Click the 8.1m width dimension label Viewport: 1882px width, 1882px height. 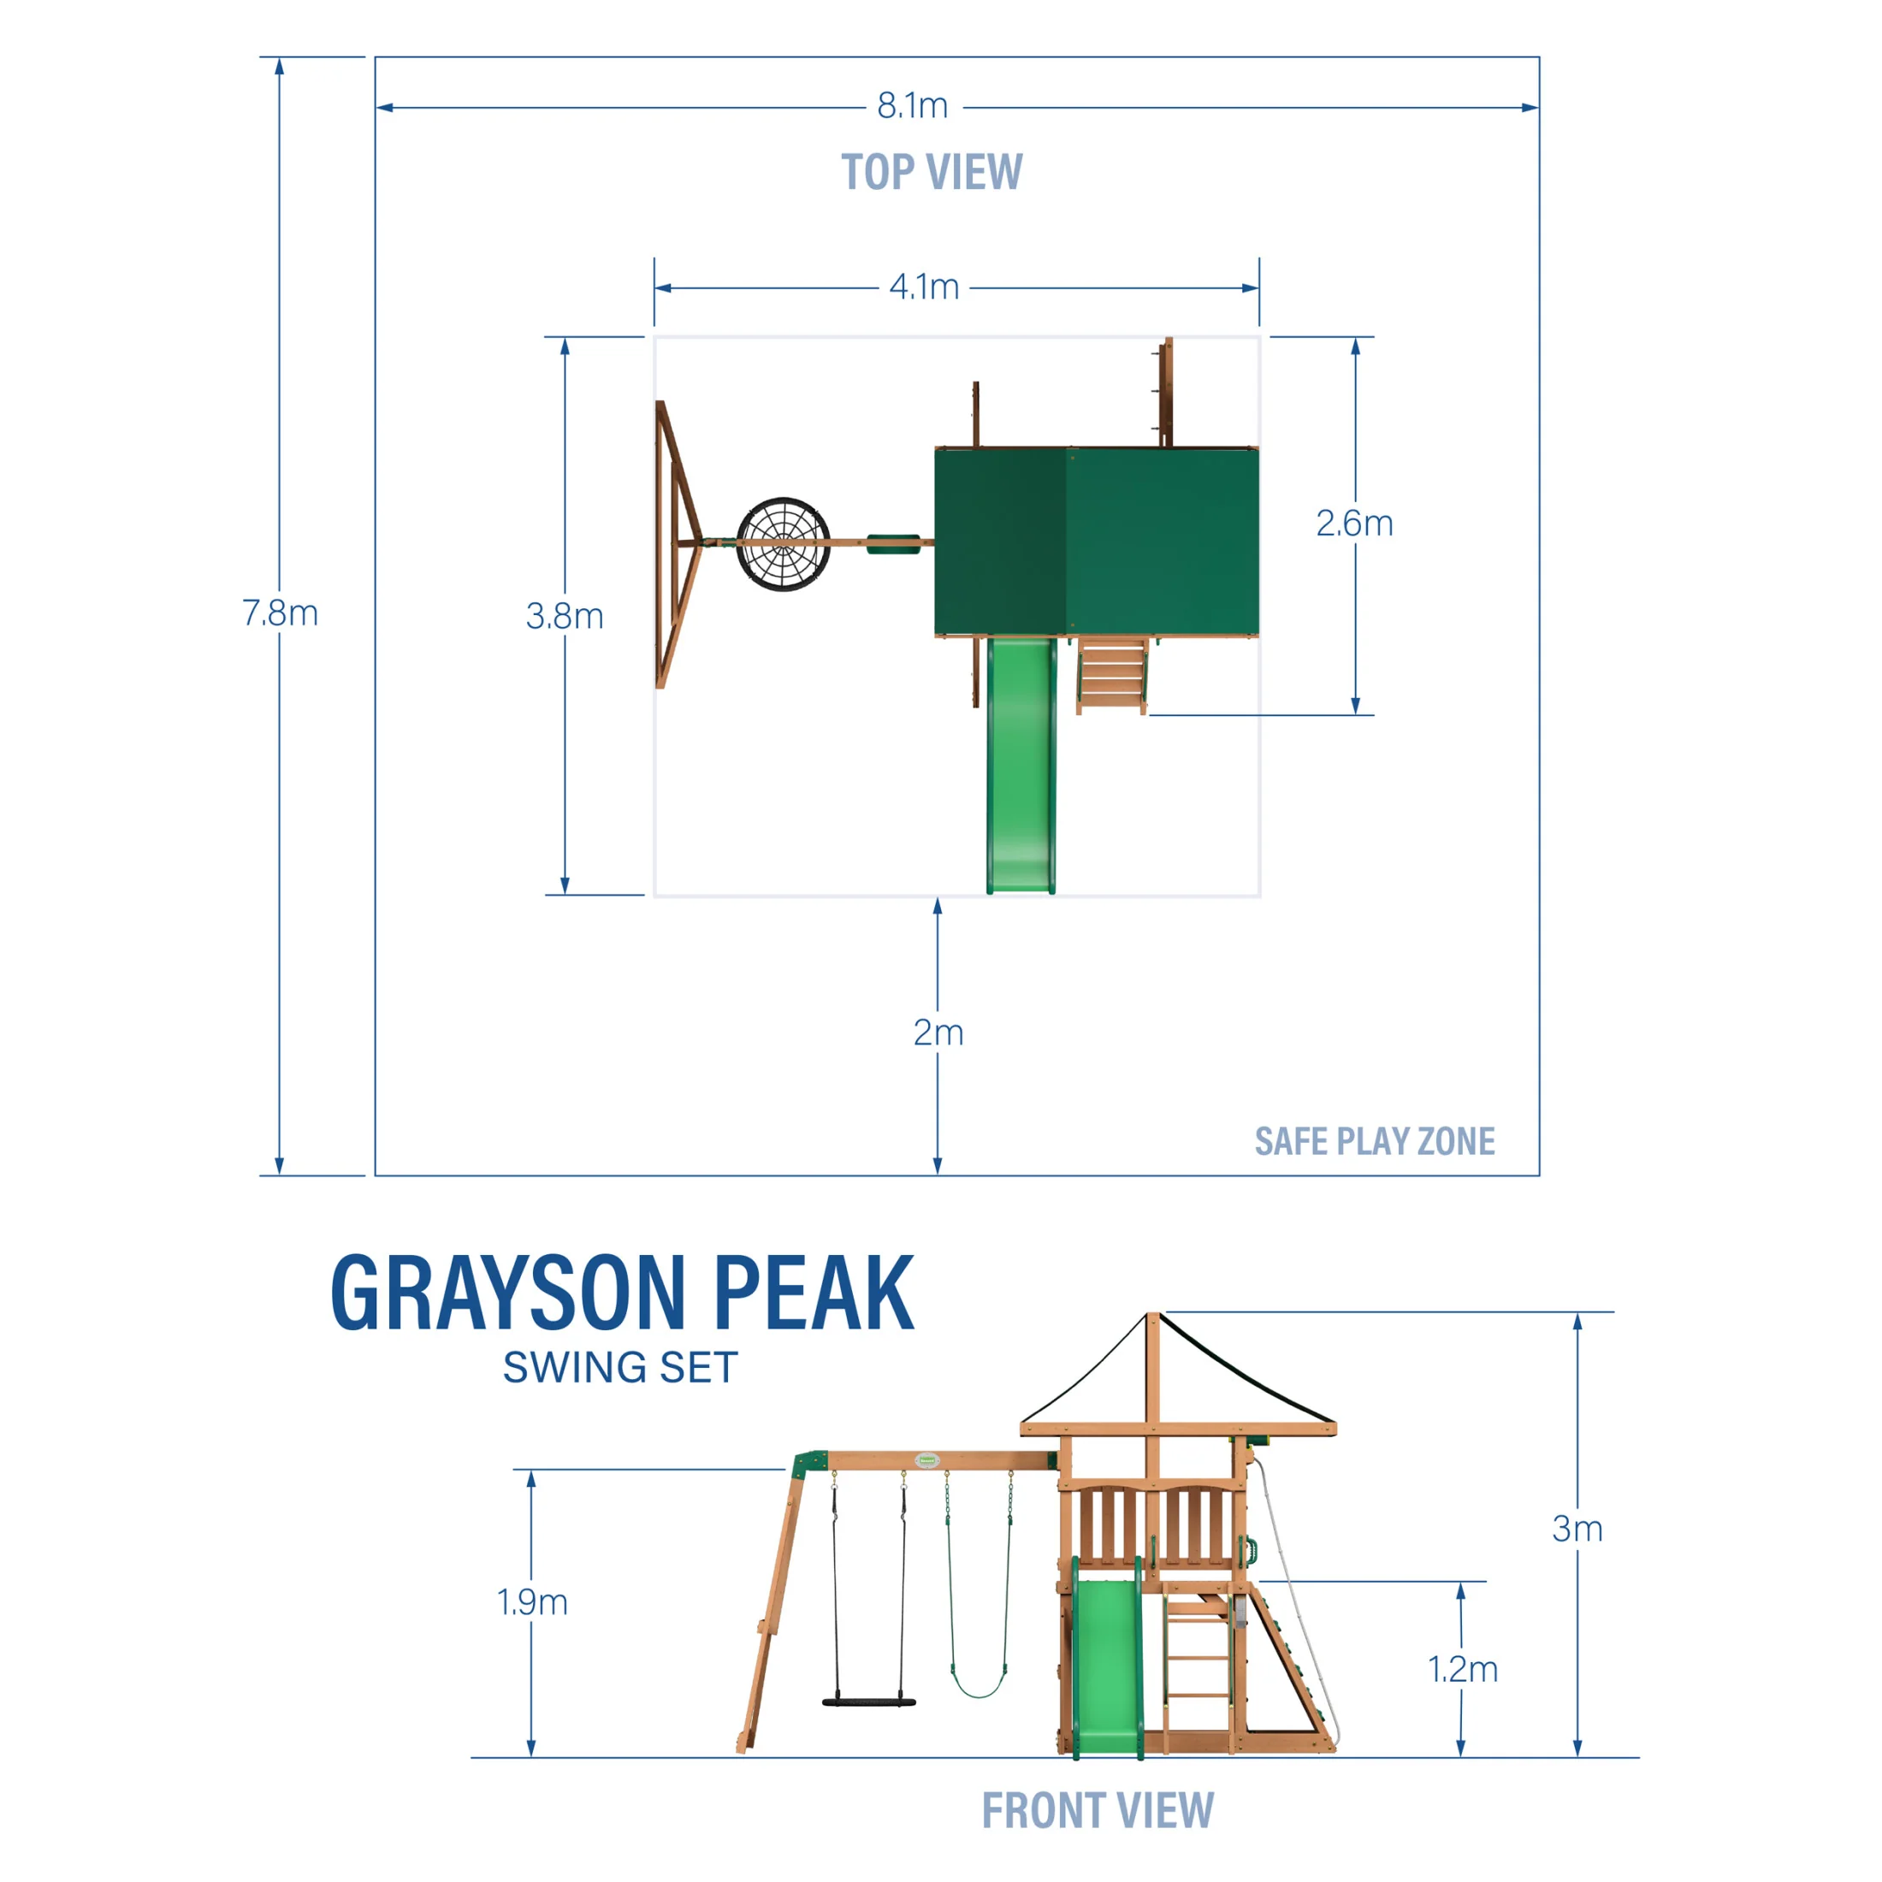912,106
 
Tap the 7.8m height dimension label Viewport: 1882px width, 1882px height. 281,613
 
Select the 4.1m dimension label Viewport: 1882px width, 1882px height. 924,287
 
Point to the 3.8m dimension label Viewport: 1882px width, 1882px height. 565,617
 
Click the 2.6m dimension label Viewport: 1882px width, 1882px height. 1354,524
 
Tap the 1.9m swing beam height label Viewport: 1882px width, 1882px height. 532,1602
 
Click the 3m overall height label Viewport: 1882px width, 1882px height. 1577,1530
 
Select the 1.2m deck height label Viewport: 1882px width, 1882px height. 1462,1670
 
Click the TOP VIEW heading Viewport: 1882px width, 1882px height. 932,173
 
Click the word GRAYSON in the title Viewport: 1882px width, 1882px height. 507,1293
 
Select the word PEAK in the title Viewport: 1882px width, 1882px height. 814,1293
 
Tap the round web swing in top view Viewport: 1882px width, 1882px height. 784,545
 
